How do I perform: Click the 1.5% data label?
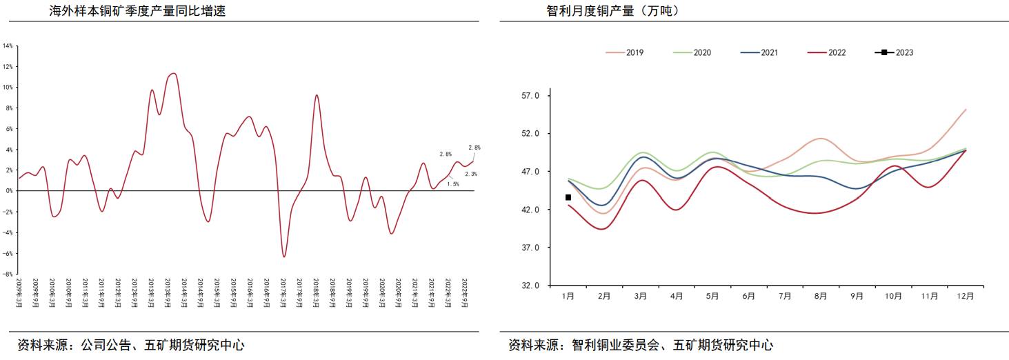click(x=453, y=184)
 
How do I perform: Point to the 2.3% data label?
click(x=470, y=174)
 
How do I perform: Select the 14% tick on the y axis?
click(x=8, y=46)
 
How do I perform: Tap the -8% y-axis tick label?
click(x=8, y=274)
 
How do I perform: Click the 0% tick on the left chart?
click(x=8, y=191)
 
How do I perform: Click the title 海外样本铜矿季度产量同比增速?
click(x=138, y=12)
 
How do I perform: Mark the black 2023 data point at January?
click(x=568, y=197)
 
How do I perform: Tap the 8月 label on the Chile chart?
click(x=821, y=296)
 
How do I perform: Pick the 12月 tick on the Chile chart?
click(x=966, y=296)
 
